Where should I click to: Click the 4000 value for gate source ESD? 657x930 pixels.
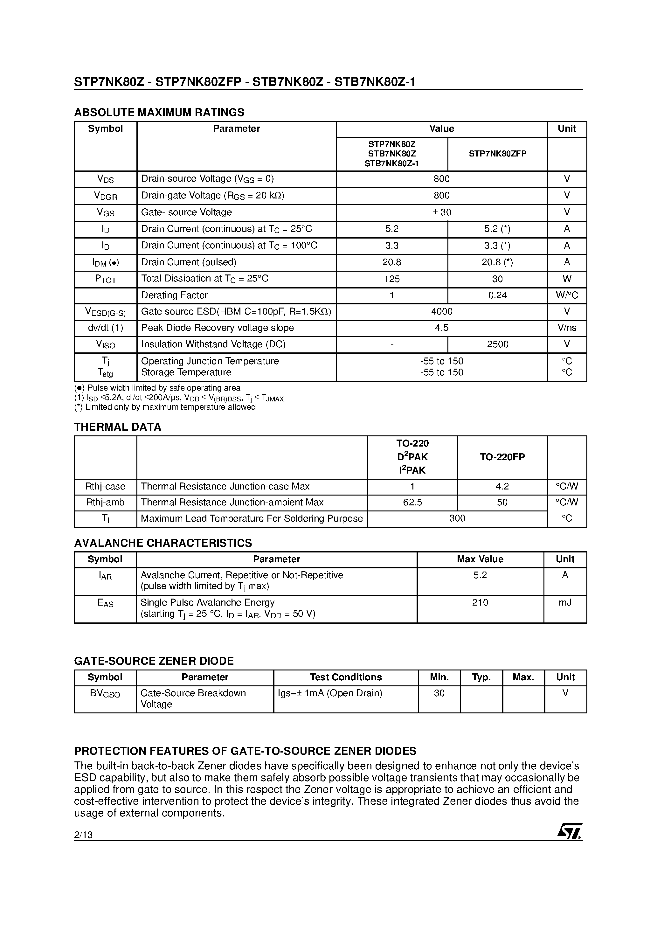(x=441, y=311)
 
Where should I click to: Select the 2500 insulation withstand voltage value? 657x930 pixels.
(x=497, y=344)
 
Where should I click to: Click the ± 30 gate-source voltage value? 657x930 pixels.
(x=441, y=212)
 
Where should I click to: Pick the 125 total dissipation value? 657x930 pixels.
(x=392, y=279)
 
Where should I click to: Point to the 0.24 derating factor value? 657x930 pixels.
(x=497, y=295)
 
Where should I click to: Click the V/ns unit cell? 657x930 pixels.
(x=567, y=328)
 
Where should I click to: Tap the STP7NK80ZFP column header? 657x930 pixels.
(x=497, y=154)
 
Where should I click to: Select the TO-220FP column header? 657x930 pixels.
(x=502, y=457)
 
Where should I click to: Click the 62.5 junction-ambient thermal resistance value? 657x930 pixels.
(x=412, y=502)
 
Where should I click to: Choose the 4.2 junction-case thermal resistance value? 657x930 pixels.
(x=502, y=486)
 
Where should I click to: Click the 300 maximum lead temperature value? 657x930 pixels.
(x=457, y=518)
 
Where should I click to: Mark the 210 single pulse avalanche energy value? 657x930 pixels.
(x=480, y=603)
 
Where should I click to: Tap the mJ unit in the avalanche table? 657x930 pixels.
(x=565, y=603)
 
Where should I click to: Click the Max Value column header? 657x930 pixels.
(x=480, y=559)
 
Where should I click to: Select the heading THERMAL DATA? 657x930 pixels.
(x=117, y=427)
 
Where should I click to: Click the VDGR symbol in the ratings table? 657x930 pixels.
(x=105, y=196)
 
